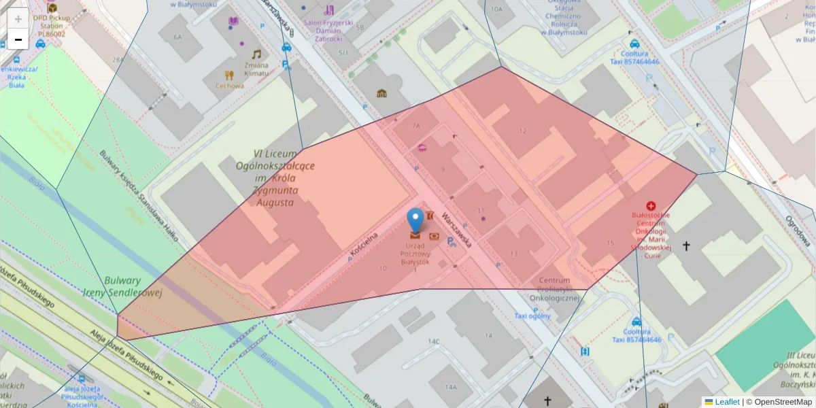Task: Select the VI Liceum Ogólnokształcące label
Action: point(275,177)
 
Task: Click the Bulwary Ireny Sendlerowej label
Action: point(122,286)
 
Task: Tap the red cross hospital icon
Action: point(651,205)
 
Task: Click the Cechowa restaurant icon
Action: point(230,75)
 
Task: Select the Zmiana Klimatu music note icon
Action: point(256,54)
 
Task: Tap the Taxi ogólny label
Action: point(532,316)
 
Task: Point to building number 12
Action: point(522,131)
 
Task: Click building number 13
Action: point(513,254)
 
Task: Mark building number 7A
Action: point(416,126)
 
